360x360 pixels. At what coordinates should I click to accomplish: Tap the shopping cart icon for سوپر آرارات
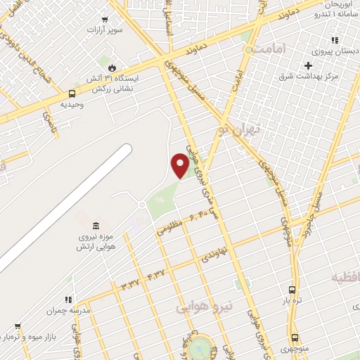tap(105, 20)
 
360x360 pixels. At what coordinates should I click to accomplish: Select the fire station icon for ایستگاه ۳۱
tap(110, 67)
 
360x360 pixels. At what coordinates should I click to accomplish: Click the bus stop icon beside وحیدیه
tap(72, 94)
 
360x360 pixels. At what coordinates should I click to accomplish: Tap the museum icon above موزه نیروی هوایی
tap(96, 226)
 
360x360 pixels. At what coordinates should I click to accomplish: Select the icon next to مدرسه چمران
tap(68, 300)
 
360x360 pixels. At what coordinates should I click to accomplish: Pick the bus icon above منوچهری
tap(295, 337)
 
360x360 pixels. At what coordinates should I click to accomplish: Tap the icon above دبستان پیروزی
tap(335, 41)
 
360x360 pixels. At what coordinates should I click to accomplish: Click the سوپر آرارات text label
tap(105, 31)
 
